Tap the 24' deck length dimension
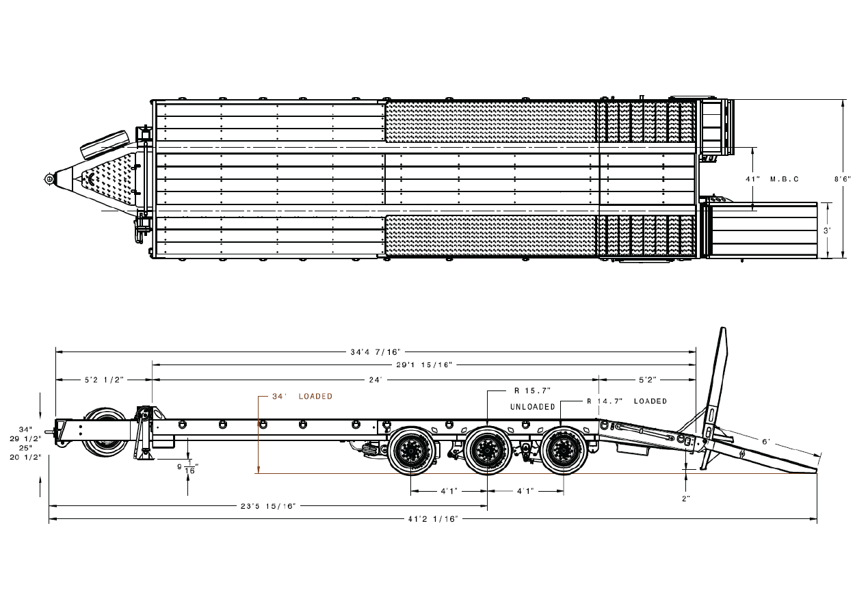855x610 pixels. (x=376, y=379)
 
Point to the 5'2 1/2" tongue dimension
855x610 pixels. (x=103, y=379)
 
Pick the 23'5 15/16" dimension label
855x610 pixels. (x=268, y=507)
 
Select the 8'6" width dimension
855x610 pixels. (x=841, y=178)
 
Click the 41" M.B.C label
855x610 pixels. (x=772, y=178)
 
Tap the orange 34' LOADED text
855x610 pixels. (x=302, y=397)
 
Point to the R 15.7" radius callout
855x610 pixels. (x=532, y=390)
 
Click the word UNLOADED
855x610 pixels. (x=533, y=407)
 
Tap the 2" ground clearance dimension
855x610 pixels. (x=686, y=499)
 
